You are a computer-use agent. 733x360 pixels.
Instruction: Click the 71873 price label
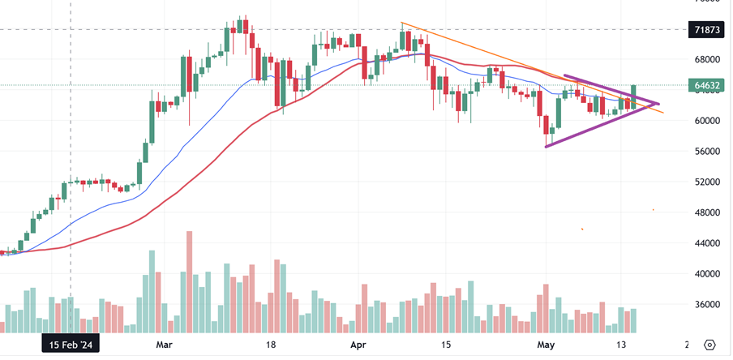[x=705, y=30]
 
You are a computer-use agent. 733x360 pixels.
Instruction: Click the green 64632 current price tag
[x=705, y=85]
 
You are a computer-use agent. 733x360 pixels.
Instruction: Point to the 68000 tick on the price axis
[x=706, y=59]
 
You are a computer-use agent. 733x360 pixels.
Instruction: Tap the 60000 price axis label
[x=706, y=121]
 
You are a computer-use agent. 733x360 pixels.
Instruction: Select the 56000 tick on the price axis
[x=706, y=151]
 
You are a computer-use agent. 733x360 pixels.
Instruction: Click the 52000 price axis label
[x=706, y=182]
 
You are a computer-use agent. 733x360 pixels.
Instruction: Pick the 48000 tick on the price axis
[x=706, y=212]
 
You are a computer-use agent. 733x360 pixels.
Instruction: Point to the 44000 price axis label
[x=706, y=243]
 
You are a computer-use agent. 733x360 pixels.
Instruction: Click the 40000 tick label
[x=706, y=274]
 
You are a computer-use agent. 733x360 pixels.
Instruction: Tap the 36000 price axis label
[x=706, y=305]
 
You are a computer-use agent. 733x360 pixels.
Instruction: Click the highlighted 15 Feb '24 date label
[x=71, y=345]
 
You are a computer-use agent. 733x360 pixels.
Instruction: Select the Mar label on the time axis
[x=165, y=345]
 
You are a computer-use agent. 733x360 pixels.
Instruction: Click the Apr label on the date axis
[x=358, y=345]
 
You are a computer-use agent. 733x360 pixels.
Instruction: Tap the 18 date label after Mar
[x=272, y=345]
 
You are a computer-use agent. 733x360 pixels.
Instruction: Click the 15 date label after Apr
[x=445, y=345]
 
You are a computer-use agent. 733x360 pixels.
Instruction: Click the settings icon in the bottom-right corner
[x=710, y=345]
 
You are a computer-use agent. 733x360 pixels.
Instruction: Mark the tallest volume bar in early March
[x=189, y=281]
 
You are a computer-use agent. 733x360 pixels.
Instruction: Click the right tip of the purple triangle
[x=658, y=103]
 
